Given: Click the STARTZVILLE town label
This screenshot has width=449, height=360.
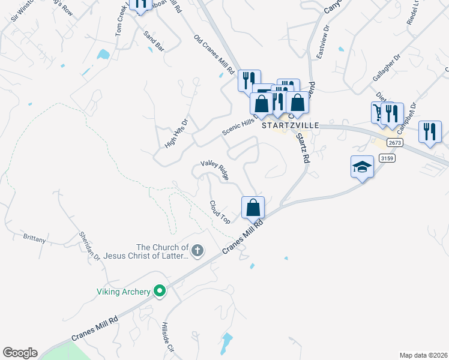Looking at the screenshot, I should (286, 127).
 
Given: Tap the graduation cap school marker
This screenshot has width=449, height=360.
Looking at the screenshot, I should (362, 166).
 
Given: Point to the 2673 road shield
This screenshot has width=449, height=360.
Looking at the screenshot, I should (394, 143).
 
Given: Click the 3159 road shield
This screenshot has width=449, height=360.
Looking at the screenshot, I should (387, 158).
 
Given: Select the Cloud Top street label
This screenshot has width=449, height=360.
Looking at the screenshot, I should (220, 212).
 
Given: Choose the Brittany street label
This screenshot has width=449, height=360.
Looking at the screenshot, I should (34, 239).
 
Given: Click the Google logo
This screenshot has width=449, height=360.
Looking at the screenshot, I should (20, 353).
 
